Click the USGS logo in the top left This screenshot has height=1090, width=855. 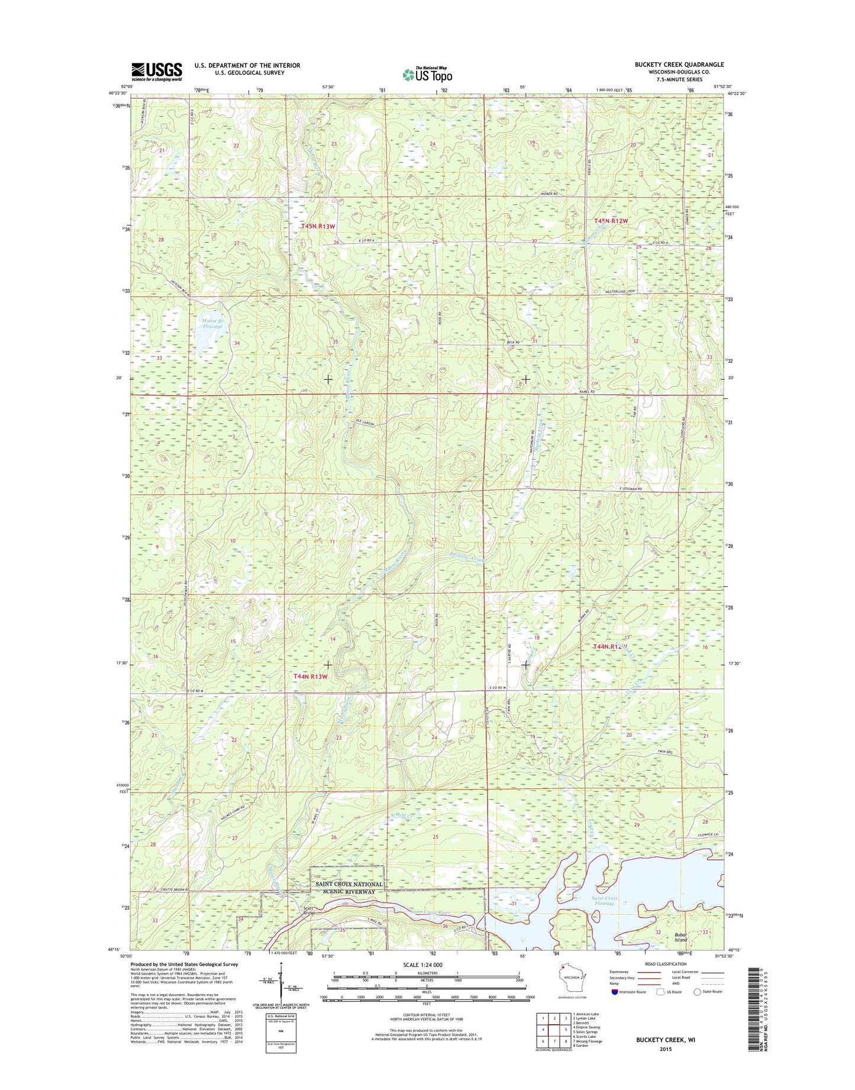[x=156, y=71]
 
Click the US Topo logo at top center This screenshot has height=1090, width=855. [x=427, y=74]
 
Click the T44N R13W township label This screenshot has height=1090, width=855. [x=311, y=676]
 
